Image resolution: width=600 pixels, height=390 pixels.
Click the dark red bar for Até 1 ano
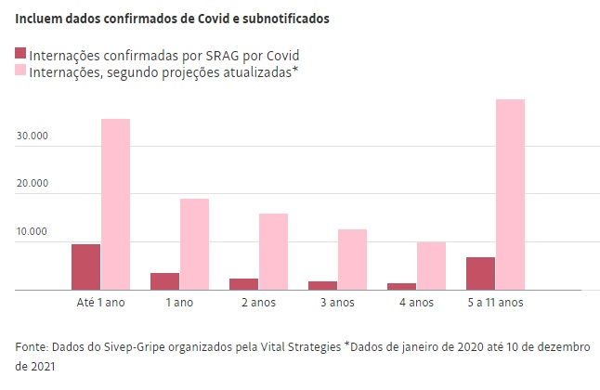85,266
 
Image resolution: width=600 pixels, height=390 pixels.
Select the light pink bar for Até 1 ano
115,204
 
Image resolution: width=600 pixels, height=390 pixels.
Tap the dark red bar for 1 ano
164,281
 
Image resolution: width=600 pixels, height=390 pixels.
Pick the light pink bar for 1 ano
194,244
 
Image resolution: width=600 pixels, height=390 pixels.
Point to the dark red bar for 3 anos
322,285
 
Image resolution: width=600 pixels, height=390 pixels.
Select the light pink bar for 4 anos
431,266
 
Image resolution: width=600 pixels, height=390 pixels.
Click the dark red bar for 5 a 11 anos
480,273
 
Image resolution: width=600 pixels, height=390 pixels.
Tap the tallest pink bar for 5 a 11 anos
510,194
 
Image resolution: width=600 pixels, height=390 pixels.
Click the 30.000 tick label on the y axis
32,136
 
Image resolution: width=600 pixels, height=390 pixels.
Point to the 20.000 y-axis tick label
32,184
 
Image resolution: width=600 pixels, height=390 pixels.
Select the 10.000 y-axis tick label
32,232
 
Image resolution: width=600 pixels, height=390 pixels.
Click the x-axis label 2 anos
258,303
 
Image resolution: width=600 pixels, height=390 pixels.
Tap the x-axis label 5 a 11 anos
495,303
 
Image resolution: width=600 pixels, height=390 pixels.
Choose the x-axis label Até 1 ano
100,303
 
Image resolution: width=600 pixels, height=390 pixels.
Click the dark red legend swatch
21,55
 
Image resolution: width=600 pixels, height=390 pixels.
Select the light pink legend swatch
21,70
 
